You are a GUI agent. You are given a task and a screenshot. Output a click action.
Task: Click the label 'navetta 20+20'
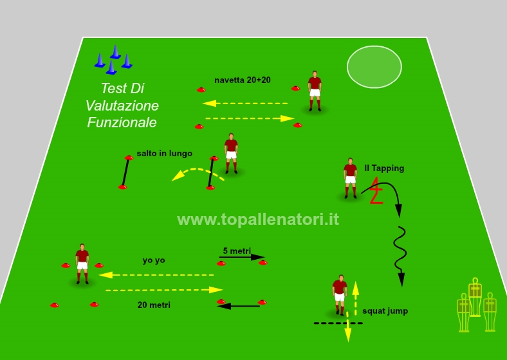point(243,80)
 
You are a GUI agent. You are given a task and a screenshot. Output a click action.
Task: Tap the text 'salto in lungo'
point(164,153)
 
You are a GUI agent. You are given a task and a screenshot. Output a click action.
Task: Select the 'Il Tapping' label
point(384,168)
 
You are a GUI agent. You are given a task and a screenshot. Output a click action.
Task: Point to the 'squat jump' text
point(385,311)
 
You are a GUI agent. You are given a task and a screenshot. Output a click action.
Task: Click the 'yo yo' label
point(154,260)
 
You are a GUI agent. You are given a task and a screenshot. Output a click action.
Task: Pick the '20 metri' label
point(154,305)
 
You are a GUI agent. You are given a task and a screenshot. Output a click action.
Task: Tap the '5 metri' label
point(237,251)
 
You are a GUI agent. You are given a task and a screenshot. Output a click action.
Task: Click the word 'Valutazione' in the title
point(122,105)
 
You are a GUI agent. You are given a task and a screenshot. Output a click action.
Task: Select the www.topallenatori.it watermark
point(258,219)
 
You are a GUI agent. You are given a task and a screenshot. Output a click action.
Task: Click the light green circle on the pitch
point(374,67)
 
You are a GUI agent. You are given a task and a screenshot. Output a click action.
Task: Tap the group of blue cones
point(113,60)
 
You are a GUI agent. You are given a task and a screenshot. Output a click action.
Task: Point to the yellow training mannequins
point(477,305)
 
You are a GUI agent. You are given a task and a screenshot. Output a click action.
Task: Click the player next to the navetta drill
point(315,91)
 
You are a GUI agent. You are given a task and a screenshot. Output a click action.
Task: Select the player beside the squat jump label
point(340,294)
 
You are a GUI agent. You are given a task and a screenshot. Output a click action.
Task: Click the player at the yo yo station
point(82,264)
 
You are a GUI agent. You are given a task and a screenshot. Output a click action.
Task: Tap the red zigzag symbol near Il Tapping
point(376,190)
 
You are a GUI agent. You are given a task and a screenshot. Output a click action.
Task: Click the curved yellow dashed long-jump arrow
point(198,169)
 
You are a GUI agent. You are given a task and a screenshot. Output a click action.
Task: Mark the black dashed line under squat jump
point(338,323)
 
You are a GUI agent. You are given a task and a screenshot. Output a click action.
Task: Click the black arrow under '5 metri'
point(242,257)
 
